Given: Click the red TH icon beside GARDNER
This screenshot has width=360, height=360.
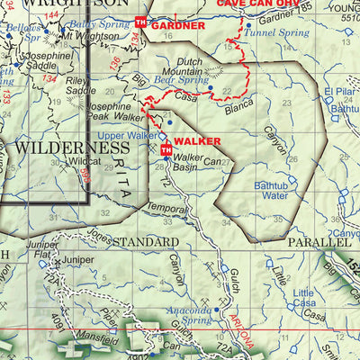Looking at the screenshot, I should [140, 22].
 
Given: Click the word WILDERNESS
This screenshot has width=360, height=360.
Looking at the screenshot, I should [73, 147].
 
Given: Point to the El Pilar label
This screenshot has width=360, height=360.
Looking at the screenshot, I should [340, 92].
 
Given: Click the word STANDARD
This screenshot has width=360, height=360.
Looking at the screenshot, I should [145, 243].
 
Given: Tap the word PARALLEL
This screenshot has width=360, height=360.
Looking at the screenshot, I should [319, 243].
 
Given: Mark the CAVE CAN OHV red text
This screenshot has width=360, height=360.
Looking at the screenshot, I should [256, 4].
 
